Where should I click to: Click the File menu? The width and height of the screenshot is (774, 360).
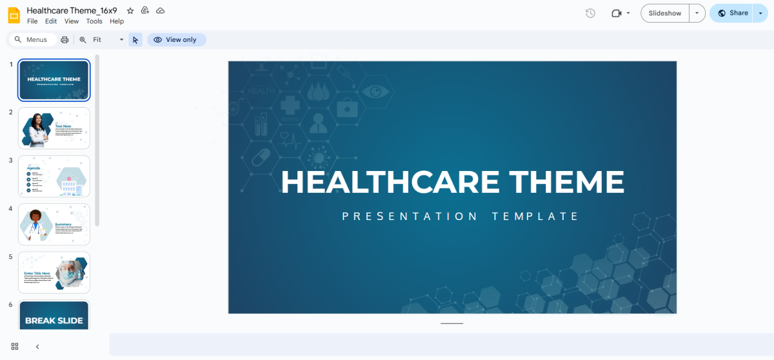32,21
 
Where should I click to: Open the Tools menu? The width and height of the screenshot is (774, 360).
94,21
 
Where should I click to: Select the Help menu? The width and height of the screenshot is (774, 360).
117,21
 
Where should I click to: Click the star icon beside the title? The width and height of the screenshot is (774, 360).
130,11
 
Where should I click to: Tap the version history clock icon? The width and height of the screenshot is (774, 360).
590,13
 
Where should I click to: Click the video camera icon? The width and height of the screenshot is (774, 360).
617,13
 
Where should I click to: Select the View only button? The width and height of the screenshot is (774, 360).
176,40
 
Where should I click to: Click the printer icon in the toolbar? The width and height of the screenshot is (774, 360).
64,40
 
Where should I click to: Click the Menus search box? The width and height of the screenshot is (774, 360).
36,40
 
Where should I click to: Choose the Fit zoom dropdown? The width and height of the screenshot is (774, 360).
107,40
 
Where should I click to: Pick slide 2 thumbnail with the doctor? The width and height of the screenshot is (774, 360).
54,128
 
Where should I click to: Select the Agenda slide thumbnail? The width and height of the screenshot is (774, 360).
54,176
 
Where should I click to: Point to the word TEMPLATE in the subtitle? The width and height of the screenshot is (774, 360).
535,216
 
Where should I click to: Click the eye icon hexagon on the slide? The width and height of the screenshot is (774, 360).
375,92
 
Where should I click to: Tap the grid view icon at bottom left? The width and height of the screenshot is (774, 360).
15,346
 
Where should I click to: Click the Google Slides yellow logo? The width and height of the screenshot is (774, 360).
14,15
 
